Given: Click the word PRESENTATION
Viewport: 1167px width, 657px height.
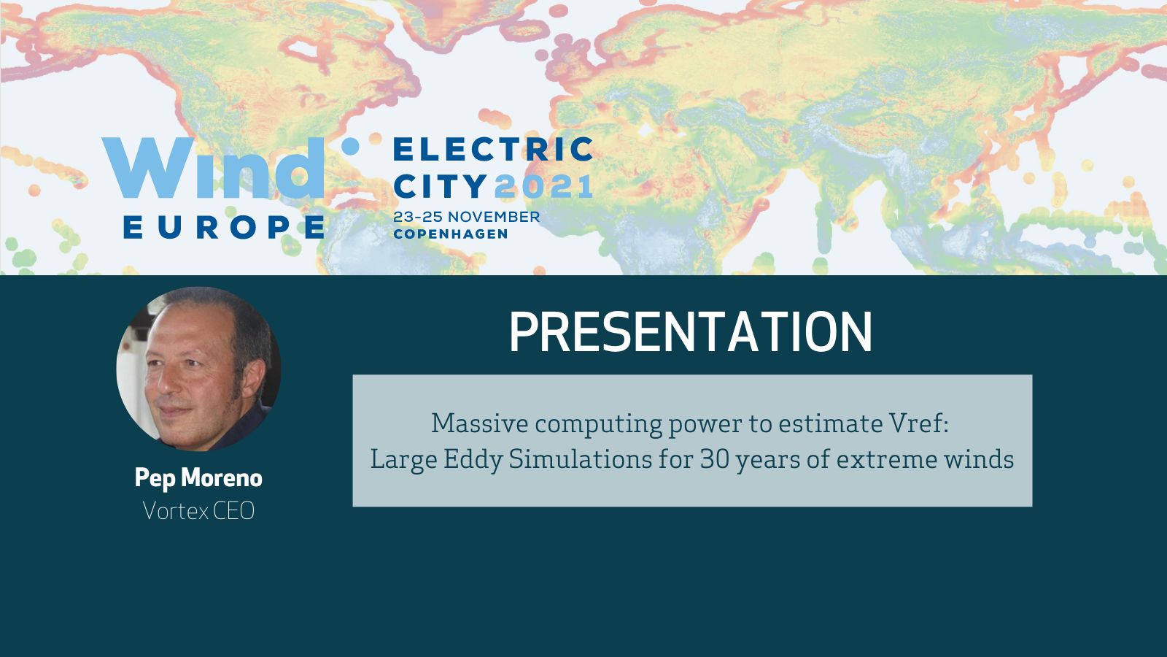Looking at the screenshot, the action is coord(690,332).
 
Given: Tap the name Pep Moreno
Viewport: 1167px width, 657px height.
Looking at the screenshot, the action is coord(198,477).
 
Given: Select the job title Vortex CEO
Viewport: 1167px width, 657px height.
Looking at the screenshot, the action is coord(198,510).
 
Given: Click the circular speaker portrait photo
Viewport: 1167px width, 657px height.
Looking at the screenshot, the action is coord(198,369).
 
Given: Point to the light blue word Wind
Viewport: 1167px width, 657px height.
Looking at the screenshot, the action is coord(213,168).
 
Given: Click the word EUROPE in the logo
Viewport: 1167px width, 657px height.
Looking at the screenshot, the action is coord(224,227).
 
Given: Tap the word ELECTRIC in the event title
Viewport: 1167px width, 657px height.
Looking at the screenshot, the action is coord(493,149).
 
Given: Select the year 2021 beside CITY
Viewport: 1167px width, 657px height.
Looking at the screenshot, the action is coord(543,186).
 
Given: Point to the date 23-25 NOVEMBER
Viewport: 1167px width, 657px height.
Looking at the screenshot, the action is coord(466,217).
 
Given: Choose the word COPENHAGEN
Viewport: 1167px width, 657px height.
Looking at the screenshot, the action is coord(451,234).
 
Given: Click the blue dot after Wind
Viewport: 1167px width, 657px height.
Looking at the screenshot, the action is coord(350,147).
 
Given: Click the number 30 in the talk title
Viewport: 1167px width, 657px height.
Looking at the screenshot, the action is coord(715,459).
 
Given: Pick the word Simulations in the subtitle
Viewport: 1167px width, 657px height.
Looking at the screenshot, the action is coord(580,459).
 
